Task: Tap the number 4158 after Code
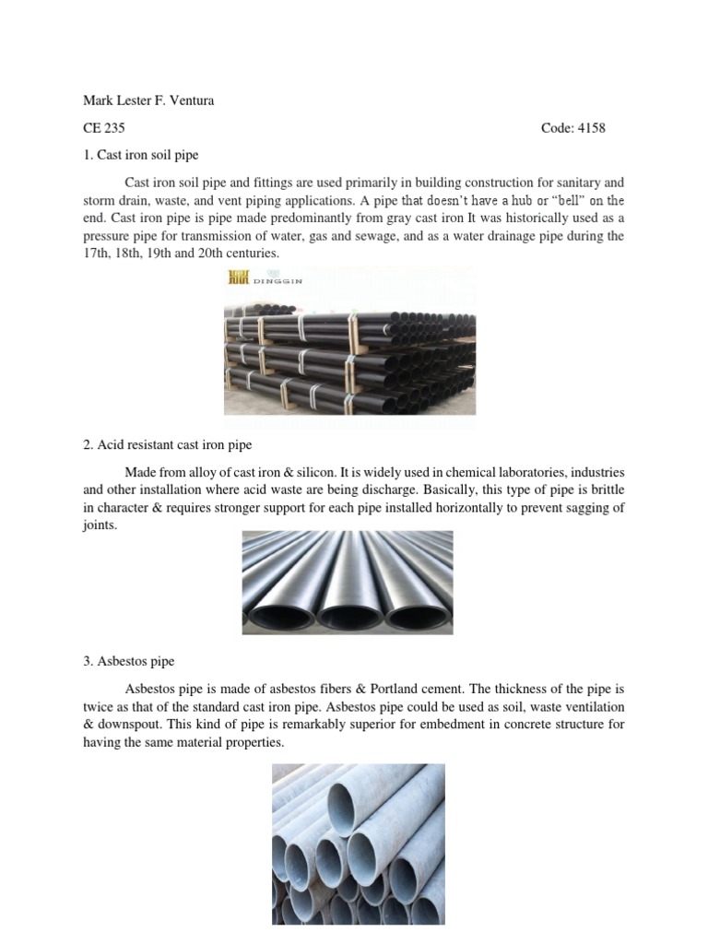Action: click(x=591, y=128)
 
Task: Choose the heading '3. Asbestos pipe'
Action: click(x=128, y=661)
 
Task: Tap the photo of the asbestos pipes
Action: click(x=359, y=844)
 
